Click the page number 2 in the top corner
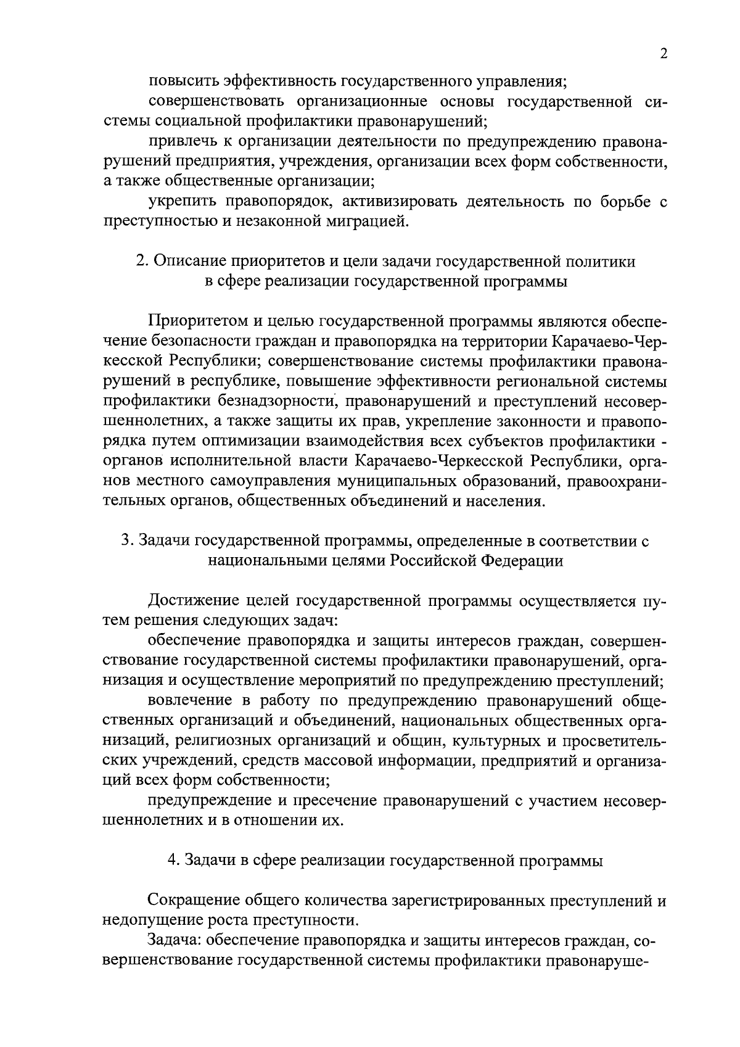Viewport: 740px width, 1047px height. pos(664,54)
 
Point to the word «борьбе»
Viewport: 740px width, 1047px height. pos(610,202)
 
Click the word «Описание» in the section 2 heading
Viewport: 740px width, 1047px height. pos(186,262)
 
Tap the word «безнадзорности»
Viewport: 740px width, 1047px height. pos(279,402)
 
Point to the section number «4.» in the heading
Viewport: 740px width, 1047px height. pos(174,861)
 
